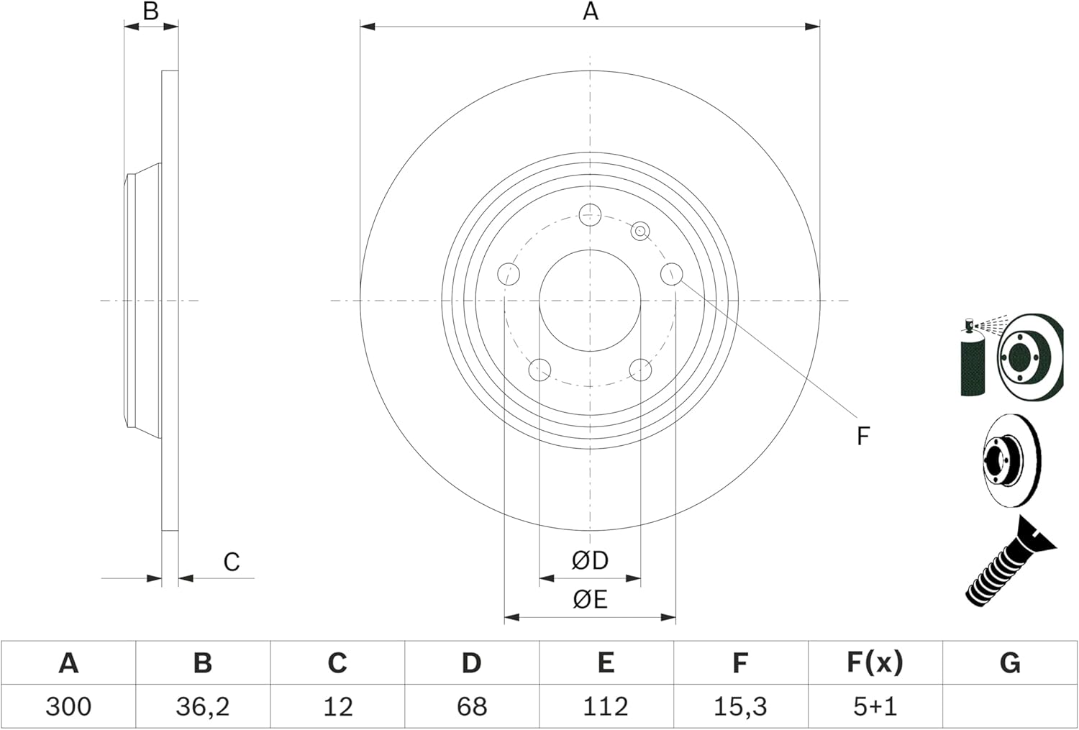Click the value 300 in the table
pos(68,706)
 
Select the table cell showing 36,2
pos(203,706)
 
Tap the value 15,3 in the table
pos(740,706)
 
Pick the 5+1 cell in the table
pos(875,706)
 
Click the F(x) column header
pos(875,662)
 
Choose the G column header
pos(1010,662)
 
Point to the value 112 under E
pos(606,706)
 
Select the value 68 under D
pos(471,706)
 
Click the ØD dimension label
pos(590,560)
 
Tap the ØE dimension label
pos(590,599)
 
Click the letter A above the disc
pos(590,12)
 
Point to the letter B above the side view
pos(150,12)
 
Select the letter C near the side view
pos(231,562)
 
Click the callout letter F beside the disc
pos(863,436)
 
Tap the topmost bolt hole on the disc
pos(590,214)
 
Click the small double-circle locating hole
pos(639,231)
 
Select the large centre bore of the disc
pos(590,301)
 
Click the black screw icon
pos(1007,565)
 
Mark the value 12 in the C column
pos(337,706)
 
